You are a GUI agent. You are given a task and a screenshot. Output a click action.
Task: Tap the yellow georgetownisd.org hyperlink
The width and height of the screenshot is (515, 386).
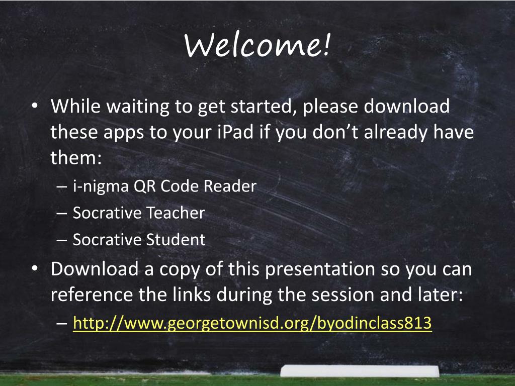click(252, 323)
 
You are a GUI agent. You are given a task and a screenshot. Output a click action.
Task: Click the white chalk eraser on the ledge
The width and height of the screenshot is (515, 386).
click(360, 371)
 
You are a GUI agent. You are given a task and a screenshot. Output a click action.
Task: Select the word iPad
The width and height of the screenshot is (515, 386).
click(235, 132)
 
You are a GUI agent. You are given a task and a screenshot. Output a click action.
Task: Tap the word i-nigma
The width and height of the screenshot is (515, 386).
click(101, 186)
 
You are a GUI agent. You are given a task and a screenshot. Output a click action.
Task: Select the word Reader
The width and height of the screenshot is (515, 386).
click(230, 186)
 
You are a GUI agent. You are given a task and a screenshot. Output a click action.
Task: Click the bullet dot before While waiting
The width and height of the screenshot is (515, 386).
click(35, 106)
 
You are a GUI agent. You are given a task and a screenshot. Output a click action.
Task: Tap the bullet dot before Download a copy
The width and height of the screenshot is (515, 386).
click(35, 268)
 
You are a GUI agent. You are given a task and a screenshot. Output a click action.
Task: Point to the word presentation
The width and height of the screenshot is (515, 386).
click(320, 269)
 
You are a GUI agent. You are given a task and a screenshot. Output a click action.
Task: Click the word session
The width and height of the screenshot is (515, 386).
click(343, 295)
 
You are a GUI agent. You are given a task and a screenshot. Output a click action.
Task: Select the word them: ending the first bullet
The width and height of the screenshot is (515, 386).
click(76, 157)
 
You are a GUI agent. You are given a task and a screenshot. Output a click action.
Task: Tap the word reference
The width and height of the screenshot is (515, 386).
click(92, 295)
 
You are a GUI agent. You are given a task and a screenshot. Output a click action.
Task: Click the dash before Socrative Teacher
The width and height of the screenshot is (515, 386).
click(61, 213)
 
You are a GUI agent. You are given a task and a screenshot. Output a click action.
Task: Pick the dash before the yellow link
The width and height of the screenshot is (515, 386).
click(61, 323)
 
